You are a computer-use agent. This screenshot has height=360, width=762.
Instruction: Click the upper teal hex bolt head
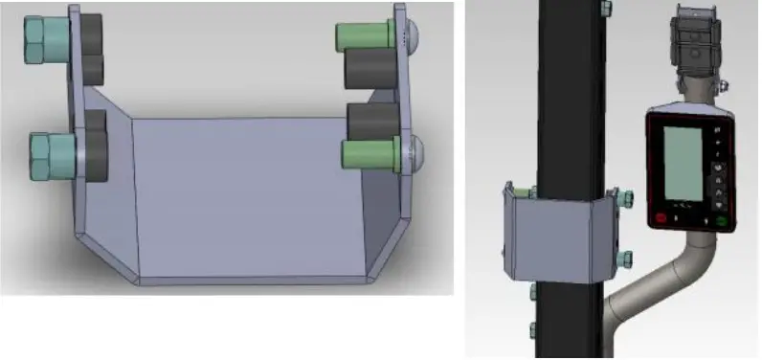coord(40,39)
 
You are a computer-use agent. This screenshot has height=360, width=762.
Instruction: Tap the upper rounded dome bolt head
coord(413,35)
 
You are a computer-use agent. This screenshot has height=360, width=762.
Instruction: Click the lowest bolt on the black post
coord(532,330)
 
